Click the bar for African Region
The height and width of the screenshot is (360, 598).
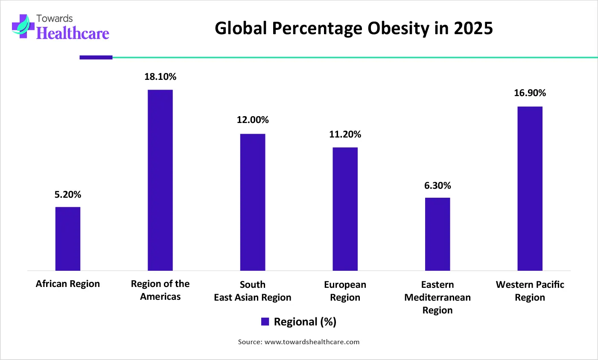68,239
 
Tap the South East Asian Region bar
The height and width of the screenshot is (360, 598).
253,202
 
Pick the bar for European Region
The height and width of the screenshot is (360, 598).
345,209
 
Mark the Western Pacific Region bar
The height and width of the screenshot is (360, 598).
530,188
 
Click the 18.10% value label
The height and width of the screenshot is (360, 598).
160,77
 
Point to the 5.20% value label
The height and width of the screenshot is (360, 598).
68,195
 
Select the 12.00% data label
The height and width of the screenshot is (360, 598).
253,120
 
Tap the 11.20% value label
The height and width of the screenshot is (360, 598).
345,135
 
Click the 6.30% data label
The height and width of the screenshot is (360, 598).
438,186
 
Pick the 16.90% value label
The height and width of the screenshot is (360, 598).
530,93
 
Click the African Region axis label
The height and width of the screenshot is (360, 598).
68,284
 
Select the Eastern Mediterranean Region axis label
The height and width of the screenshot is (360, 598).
438,297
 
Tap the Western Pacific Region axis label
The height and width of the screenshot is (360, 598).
530,291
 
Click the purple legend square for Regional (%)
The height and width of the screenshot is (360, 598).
265,322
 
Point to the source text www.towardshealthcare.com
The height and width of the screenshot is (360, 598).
312,342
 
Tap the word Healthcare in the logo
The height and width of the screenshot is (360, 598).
73,33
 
